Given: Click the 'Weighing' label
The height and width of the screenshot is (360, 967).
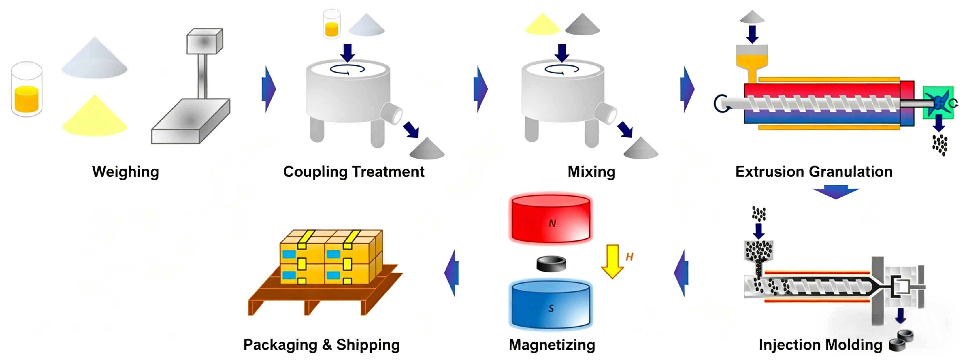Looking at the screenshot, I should tap(125, 171).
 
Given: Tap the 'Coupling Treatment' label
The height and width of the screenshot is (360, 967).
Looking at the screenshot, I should tap(354, 171).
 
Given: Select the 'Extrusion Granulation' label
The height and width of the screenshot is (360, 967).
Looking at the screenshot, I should tap(813, 171).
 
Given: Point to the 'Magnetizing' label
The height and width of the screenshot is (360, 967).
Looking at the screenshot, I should tap(551, 345).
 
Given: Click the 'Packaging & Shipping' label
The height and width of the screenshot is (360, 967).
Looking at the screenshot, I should tap(321, 345).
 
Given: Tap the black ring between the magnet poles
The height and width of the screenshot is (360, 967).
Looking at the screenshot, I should tap(551, 264).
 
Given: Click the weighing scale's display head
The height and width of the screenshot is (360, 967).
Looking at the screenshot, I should tap(205, 41).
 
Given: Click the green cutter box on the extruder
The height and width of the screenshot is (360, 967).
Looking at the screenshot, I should tap(938, 103).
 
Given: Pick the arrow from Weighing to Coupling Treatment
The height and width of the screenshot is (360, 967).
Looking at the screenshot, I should tap(268, 89).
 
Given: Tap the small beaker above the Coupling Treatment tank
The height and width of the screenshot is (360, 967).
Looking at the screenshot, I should tap(331, 24).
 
